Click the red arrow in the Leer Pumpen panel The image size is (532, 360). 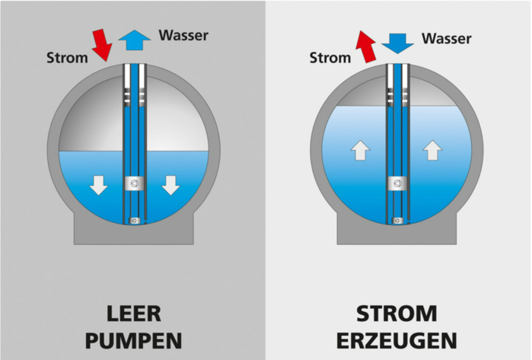coord(102,45)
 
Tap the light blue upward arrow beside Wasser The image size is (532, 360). coord(135,40)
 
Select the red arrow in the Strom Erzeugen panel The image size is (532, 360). coord(366,46)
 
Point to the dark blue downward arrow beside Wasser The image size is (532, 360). coord(397,43)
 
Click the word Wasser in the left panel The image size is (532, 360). coord(183,35)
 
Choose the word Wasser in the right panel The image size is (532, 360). coord(447,39)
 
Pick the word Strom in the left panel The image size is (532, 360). coord(67,58)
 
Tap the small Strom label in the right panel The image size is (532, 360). coord(330,58)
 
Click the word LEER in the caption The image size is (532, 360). coord(134,314)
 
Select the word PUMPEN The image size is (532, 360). coord(134,341)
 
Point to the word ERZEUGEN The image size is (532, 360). coord(397,341)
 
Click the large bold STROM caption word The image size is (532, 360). coord(397,314)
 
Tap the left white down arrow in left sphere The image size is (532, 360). coord(98,185)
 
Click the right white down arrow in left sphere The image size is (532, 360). coord(170,185)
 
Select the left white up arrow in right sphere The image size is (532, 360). coord(360,150)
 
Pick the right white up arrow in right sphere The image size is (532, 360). coord(432,150)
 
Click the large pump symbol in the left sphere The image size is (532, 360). coord(135,183)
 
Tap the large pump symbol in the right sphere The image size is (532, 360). coord(397,183)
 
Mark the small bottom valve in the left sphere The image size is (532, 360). coord(135,221)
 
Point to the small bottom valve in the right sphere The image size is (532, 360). coord(397,221)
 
